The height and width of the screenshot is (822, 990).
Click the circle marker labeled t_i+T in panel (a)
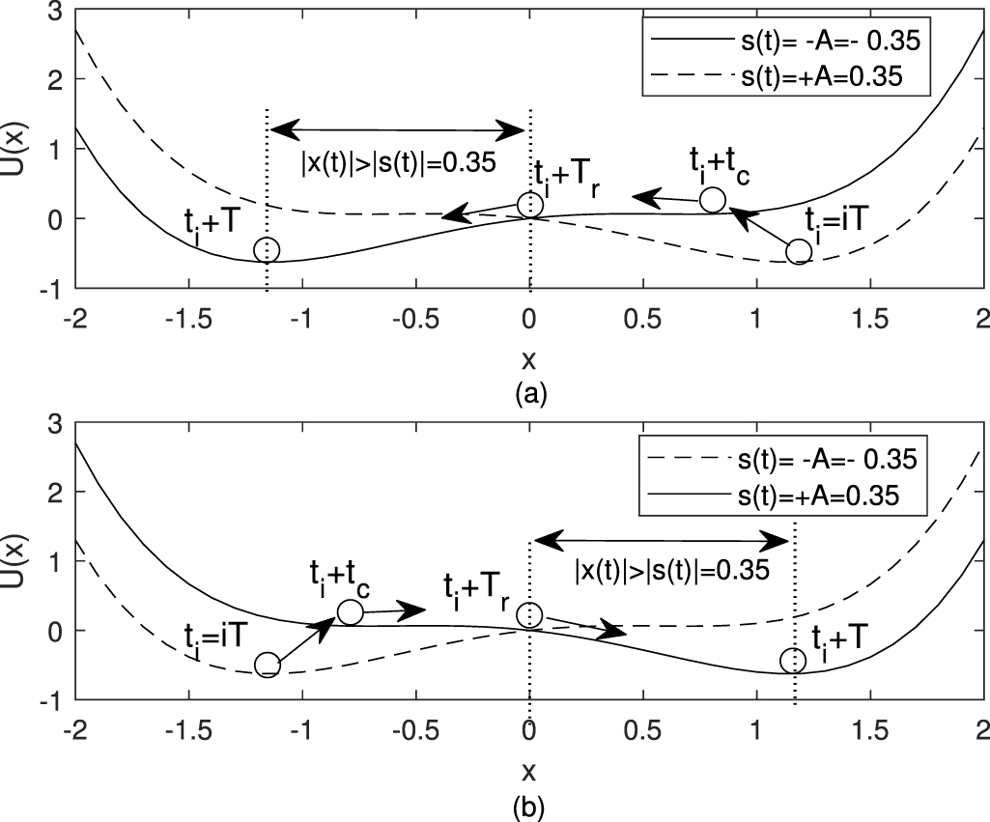pos(267,250)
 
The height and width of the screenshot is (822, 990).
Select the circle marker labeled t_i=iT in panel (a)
pos(798,251)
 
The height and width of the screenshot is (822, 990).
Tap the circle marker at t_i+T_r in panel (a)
pos(529,205)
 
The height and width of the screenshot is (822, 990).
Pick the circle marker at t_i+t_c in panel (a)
pos(712,200)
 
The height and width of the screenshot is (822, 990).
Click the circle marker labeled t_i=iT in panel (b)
pos(268,665)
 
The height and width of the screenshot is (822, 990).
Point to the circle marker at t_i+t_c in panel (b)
pos(350,611)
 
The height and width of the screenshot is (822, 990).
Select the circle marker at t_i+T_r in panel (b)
pos(529,615)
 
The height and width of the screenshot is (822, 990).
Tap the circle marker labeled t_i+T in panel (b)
pos(793,660)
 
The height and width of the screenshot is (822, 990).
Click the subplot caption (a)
pos(529,394)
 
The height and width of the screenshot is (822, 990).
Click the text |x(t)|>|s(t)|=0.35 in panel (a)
pos(397,161)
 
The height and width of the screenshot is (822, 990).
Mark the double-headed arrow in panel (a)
pos(397,128)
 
